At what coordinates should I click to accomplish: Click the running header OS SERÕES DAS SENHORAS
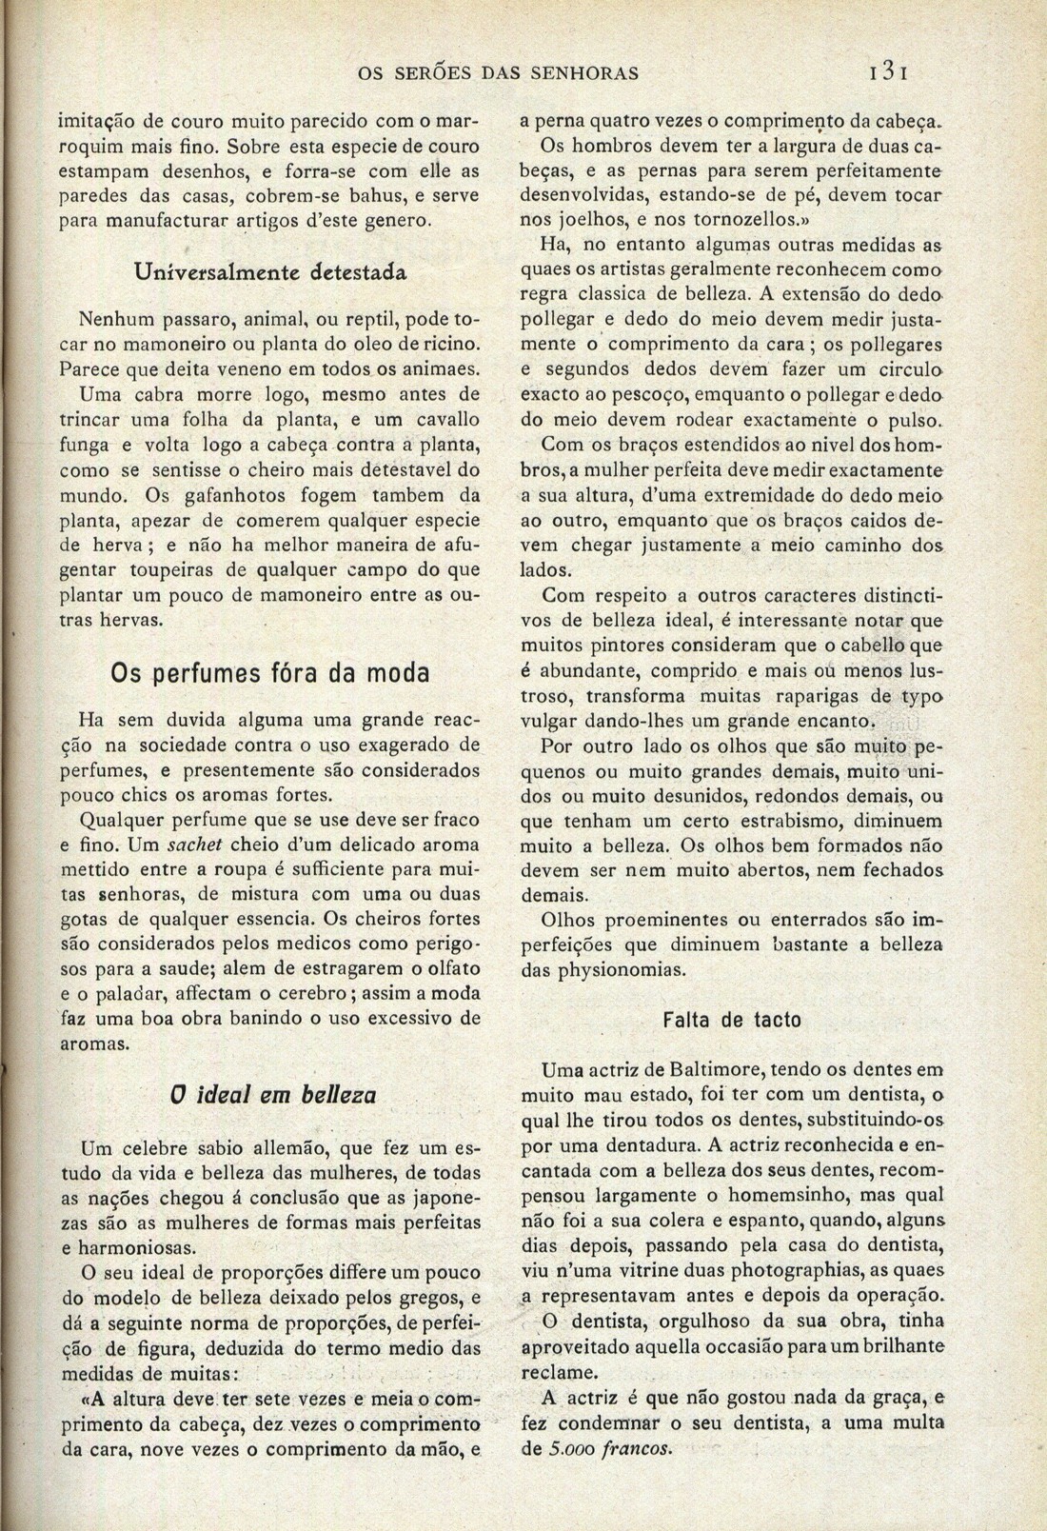point(498,72)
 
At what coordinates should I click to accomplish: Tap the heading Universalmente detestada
point(270,271)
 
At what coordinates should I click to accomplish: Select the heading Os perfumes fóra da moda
point(269,672)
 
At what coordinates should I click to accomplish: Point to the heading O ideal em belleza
point(270,1095)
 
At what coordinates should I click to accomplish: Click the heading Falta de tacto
point(732,1020)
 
